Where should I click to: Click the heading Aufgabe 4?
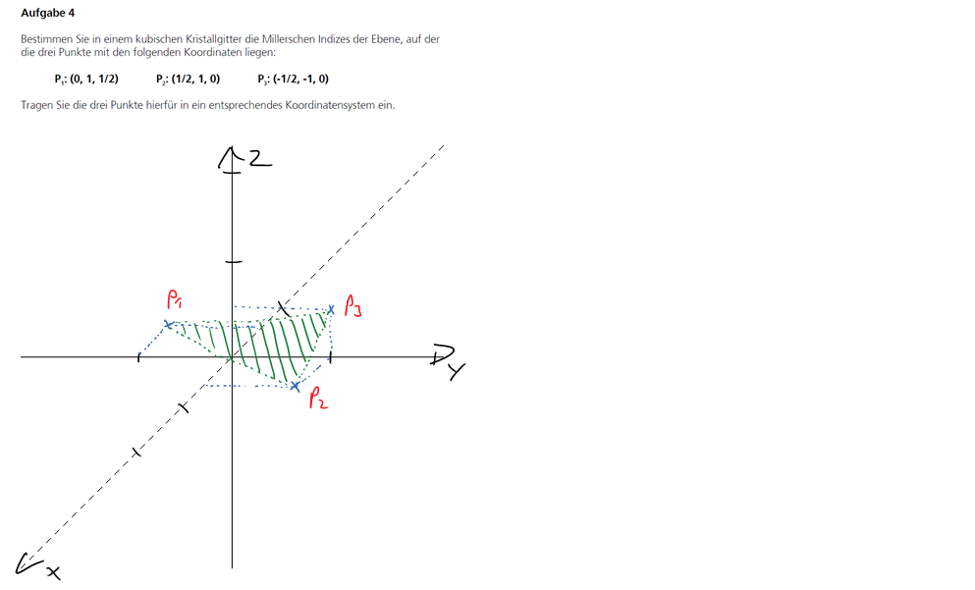(x=47, y=13)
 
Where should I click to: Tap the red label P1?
(x=174, y=299)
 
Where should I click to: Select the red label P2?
(x=318, y=398)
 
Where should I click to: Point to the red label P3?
(x=352, y=306)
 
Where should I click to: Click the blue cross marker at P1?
(x=168, y=324)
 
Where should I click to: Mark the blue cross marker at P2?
(x=296, y=387)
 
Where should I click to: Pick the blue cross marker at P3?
(x=331, y=309)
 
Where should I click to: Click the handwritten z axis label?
(x=260, y=159)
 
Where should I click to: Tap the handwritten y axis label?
(x=457, y=372)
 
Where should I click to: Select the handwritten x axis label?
(x=53, y=572)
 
